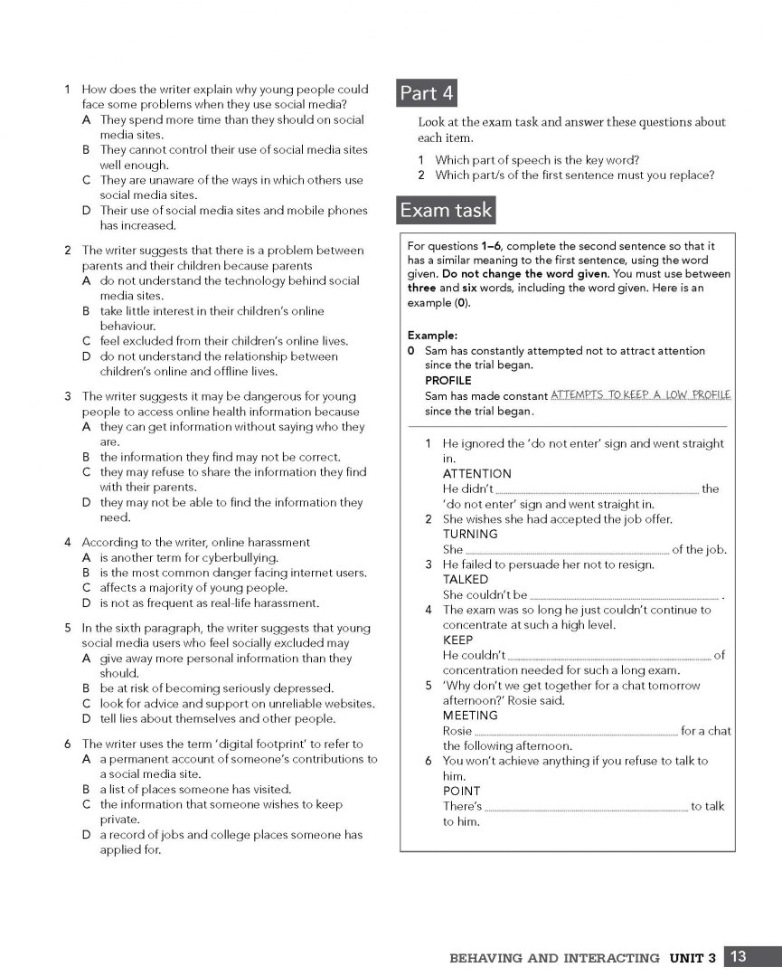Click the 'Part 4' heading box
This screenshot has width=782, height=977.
point(427,93)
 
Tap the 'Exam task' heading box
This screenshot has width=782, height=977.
point(447,211)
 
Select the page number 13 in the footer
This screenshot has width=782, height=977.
point(739,957)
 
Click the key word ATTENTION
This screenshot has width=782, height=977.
point(476,474)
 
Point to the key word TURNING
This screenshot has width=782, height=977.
point(470,535)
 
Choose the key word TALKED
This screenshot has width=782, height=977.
point(466,580)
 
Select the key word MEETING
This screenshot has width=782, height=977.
point(470,716)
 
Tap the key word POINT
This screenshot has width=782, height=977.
point(461,792)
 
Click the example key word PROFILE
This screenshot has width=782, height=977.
point(448,381)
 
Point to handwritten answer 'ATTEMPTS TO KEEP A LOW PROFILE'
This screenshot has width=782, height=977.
point(640,395)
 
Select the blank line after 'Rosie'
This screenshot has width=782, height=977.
point(576,732)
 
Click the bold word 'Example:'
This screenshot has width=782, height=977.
point(433,335)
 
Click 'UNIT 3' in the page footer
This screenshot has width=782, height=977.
point(693,958)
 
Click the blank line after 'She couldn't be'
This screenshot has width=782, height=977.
point(625,596)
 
